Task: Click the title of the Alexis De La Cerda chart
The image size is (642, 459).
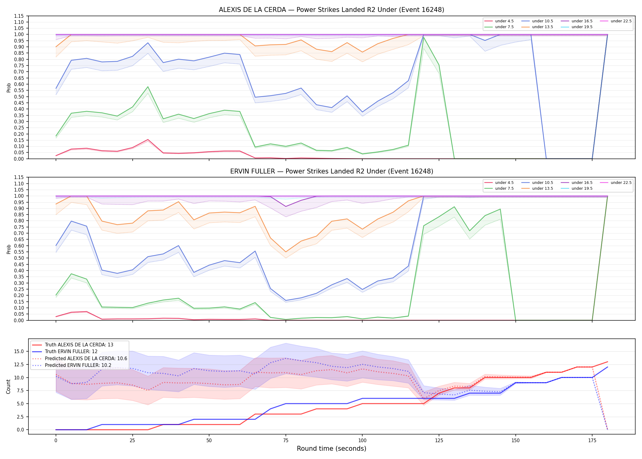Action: click(x=331, y=10)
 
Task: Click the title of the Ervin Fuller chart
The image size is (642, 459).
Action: click(x=331, y=171)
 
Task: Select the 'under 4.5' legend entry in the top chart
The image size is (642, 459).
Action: click(x=499, y=21)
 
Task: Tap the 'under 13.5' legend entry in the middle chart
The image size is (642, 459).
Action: click(x=537, y=188)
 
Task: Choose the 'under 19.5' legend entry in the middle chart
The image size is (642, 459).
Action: click(x=577, y=188)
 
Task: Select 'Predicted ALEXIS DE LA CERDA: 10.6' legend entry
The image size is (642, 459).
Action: click(x=79, y=358)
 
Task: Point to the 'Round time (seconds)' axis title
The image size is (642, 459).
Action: click(x=331, y=449)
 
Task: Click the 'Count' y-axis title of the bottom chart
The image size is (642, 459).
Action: click(x=9, y=386)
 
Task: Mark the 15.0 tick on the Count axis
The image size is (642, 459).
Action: click(x=19, y=351)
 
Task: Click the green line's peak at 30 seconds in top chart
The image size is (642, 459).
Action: click(x=148, y=87)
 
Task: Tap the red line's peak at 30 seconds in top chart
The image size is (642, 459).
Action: click(x=148, y=140)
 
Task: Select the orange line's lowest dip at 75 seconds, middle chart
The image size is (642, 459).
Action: click(x=286, y=252)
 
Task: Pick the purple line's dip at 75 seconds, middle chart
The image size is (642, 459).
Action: click(x=286, y=207)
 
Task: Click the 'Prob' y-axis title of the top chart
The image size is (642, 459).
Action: click(x=9, y=88)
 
